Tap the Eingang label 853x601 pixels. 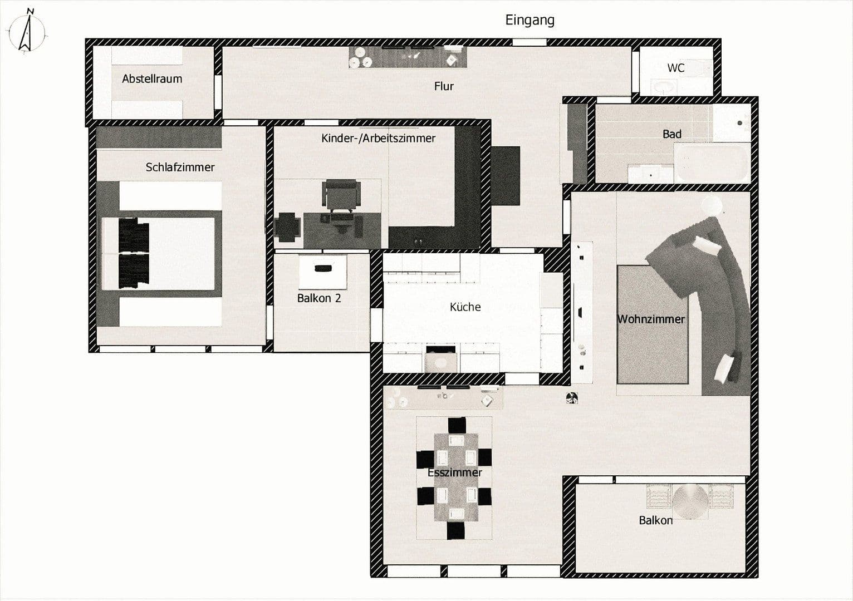click(x=530, y=21)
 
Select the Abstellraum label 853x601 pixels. click(x=152, y=79)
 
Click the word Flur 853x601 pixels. click(x=444, y=86)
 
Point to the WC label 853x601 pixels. click(x=675, y=68)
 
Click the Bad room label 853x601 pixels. click(x=671, y=134)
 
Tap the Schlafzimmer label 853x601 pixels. click(x=180, y=167)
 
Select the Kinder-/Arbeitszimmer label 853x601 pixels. click(x=378, y=138)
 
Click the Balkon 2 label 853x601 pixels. click(x=318, y=298)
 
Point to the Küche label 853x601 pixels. click(x=465, y=307)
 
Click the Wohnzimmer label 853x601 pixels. click(x=651, y=319)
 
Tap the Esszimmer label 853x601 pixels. click(x=454, y=472)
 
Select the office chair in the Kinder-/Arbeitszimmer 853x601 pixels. click(x=340, y=195)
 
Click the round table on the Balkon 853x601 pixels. click(x=690, y=501)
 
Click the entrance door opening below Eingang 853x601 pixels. click(x=529, y=42)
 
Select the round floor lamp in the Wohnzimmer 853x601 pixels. click(x=712, y=205)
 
